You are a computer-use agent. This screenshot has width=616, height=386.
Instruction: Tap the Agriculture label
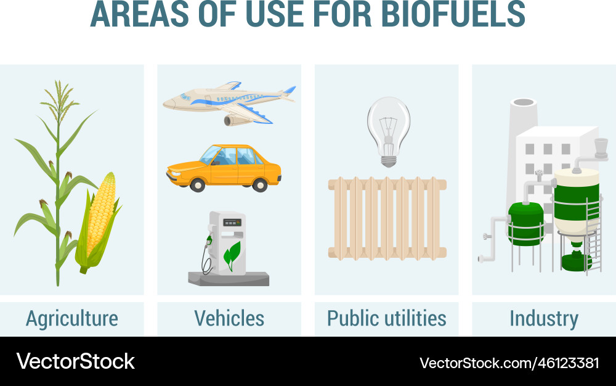pos(72,318)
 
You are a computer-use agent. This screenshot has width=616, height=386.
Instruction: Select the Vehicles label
pos(229,318)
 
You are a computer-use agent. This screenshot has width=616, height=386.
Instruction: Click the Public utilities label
pos(386,318)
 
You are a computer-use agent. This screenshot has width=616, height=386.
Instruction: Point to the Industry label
pos(543,318)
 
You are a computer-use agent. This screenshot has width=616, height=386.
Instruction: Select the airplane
pos(228,99)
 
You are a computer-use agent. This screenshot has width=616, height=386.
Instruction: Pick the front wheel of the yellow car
pos(197,184)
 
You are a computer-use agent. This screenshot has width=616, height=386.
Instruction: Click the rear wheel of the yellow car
pos(260,184)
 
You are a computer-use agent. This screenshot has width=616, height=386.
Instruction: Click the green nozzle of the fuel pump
pos(209,239)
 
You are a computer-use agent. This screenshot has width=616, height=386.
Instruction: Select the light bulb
pos(388,126)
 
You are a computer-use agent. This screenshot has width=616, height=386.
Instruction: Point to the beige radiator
pos(387,219)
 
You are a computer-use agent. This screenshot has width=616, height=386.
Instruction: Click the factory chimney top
pos(524,103)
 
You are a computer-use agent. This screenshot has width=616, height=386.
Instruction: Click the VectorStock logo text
pos(75,361)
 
